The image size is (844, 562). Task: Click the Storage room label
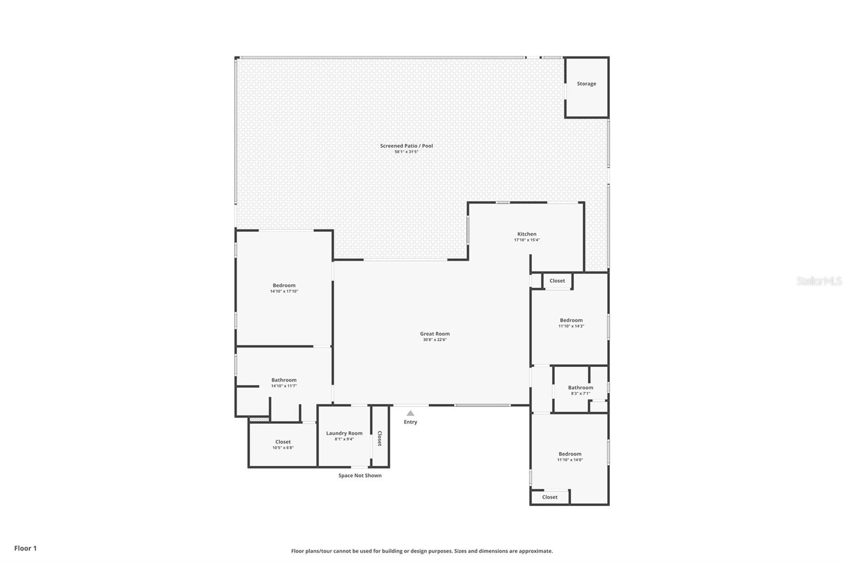[x=586, y=84]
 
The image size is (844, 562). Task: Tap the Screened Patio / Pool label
[x=406, y=146]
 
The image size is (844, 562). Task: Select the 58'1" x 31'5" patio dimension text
[x=406, y=152]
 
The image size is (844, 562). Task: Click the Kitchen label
[x=526, y=234]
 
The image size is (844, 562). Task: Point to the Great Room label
[x=435, y=334]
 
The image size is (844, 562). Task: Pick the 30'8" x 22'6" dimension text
[x=435, y=340]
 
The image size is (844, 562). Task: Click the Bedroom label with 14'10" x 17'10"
[x=284, y=286]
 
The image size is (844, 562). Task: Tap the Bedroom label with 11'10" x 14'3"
[x=571, y=321]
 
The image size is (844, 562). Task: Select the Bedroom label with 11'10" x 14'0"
[x=570, y=454]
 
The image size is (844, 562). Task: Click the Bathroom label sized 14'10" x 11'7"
[x=284, y=380]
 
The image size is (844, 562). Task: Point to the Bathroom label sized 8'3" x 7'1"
[x=580, y=388]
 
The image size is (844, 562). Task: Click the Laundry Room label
[x=344, y=433]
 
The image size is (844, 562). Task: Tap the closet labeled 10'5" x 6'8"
[x=283, y=442]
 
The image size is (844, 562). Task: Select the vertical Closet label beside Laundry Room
[x=379, y=438]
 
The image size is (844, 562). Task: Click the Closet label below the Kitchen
[x=557, y=281]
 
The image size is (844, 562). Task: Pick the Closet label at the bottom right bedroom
[x=550, y=497]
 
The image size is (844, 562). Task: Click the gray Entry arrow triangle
[x=410, y=413]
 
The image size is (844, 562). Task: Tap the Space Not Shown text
[x=360, y=476]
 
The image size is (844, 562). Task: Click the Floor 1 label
[x=25, y=548]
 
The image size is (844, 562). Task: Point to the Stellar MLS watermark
[x=819, y=281]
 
